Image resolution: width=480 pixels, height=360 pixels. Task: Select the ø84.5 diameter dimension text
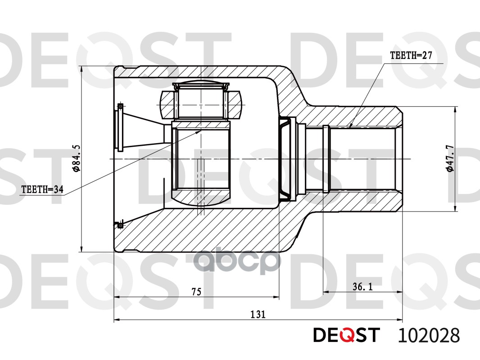coord(76,159)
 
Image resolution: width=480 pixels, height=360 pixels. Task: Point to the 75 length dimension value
coord(196,292)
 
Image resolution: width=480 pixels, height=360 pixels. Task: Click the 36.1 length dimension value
coord(362,287)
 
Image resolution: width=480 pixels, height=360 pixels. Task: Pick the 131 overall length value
coord(258,315)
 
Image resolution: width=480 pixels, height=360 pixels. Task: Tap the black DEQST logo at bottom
coord(346,335)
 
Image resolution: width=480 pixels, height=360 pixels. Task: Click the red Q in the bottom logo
coord(346,336)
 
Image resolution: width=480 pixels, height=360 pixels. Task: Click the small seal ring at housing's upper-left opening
coord(120,106)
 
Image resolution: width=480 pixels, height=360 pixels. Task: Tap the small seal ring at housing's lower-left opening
coord(120,225)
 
